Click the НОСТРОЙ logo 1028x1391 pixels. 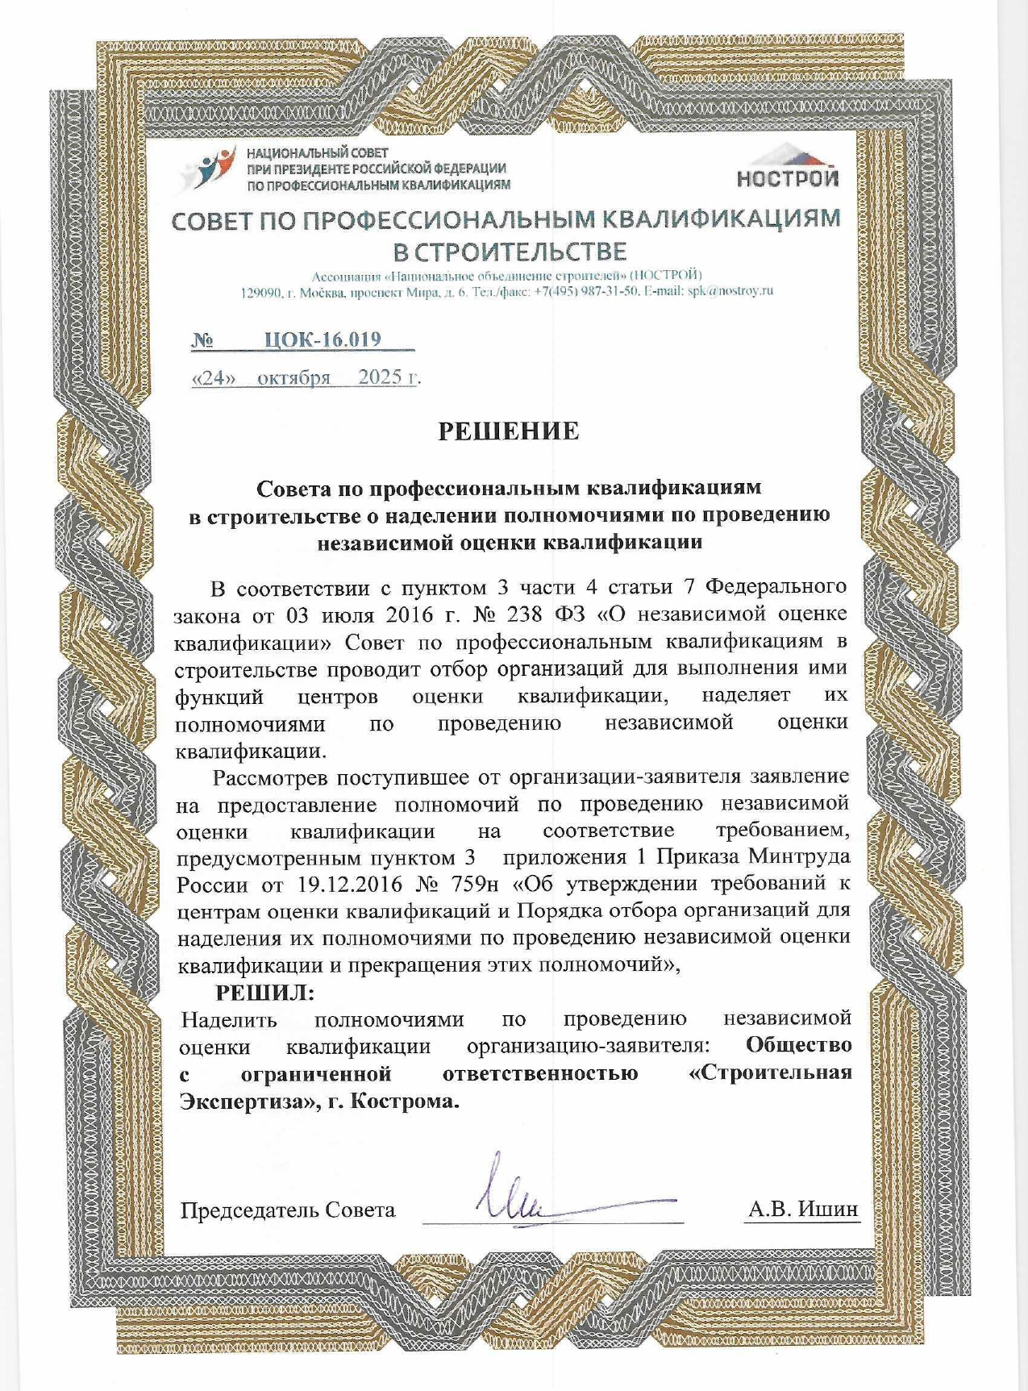[787, 168]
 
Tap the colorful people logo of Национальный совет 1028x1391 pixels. [208, 169]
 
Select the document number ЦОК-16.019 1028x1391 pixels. [323, 339]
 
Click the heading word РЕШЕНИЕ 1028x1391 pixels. [509, 431]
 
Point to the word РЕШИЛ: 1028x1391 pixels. [264, 992]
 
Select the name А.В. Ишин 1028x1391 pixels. [802, 1209]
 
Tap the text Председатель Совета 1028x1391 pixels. [288, 1210]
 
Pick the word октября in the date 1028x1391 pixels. [293, 378]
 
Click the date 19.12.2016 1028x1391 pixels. [349, 884]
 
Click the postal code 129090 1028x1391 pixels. [260, 292]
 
